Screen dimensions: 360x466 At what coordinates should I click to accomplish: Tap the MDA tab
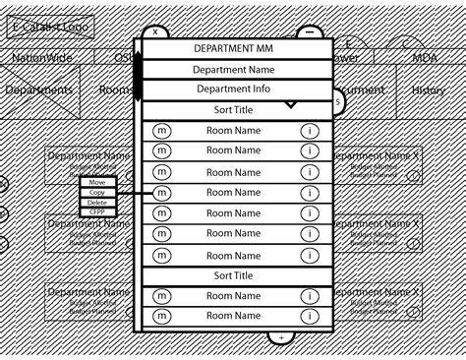click(424, 57)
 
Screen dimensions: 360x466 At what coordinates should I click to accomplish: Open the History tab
click(429, 90)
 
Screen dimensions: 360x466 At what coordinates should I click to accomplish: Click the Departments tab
click(38, 90)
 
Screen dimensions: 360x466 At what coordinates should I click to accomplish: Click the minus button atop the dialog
click(309, 31)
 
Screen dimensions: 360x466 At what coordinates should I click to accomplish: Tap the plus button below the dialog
click(281, 337)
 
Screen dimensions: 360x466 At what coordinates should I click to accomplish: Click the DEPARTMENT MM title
click(234, 47)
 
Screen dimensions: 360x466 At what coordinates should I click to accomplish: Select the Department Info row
click(234, 89)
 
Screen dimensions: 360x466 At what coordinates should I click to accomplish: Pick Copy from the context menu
click(97, 193)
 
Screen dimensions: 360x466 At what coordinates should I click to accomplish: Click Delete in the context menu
click(97, 203)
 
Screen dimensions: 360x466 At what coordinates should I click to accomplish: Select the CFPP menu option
click(97, 211)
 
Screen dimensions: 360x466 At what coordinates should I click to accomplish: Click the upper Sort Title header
click(234, 110)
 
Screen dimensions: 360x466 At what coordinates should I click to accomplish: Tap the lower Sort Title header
click(234, 276)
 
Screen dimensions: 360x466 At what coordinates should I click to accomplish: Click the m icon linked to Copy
click(162, 193)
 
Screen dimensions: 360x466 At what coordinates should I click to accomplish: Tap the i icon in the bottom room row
click(310, 318)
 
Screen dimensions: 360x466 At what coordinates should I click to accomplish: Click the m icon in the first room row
click(162, 131)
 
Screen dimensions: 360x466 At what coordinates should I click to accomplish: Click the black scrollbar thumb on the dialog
click(138, 77)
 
